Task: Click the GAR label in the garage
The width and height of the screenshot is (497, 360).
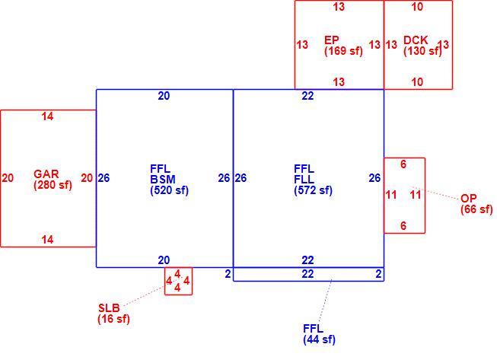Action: point(46,174)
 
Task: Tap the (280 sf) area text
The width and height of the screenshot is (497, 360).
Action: point(53,185)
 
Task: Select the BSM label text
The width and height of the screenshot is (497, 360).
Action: point(163,180)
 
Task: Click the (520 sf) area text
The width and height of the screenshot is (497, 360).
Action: point(169,190)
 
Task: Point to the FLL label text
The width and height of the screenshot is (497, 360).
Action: point(304,180)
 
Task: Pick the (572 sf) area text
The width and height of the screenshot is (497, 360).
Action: point(313,190)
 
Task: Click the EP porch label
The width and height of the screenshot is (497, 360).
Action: point(332,40)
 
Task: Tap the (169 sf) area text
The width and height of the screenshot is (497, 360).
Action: point(343,51)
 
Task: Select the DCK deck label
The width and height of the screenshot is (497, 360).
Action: point(416,40)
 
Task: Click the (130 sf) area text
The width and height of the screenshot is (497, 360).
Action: point(422,51)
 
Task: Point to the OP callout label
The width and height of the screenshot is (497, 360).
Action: point(469,199)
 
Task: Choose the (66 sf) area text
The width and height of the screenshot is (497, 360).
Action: point(476,209)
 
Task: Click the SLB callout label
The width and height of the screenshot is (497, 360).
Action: point(109,307)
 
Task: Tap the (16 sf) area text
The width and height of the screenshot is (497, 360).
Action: point(114,318)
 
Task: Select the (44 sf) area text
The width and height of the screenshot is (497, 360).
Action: point(319,339)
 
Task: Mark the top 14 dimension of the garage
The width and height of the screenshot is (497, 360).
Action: point(47,116)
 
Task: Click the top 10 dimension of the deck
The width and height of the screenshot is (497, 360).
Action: point(417,7)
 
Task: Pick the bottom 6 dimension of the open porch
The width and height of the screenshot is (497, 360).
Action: point(403,226)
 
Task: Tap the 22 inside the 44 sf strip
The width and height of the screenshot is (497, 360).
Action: point(307,274)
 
